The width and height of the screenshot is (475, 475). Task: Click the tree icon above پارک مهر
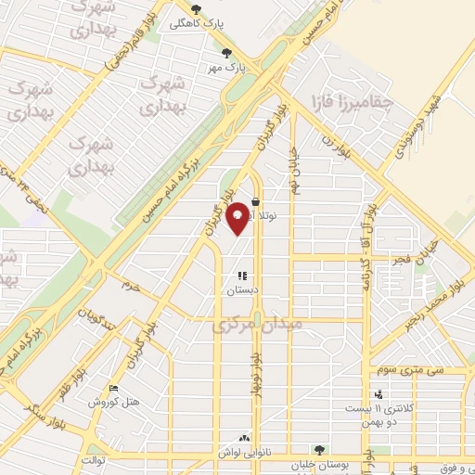tap(227, 53)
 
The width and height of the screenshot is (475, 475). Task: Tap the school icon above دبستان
tap(242, 276)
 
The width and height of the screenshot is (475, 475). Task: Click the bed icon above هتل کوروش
tap(113, 389)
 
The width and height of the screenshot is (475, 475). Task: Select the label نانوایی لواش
tap(243, 450)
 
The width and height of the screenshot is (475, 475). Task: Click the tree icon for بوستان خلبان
tap(319, 451)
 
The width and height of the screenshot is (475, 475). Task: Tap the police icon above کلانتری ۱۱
tap(378, 393)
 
